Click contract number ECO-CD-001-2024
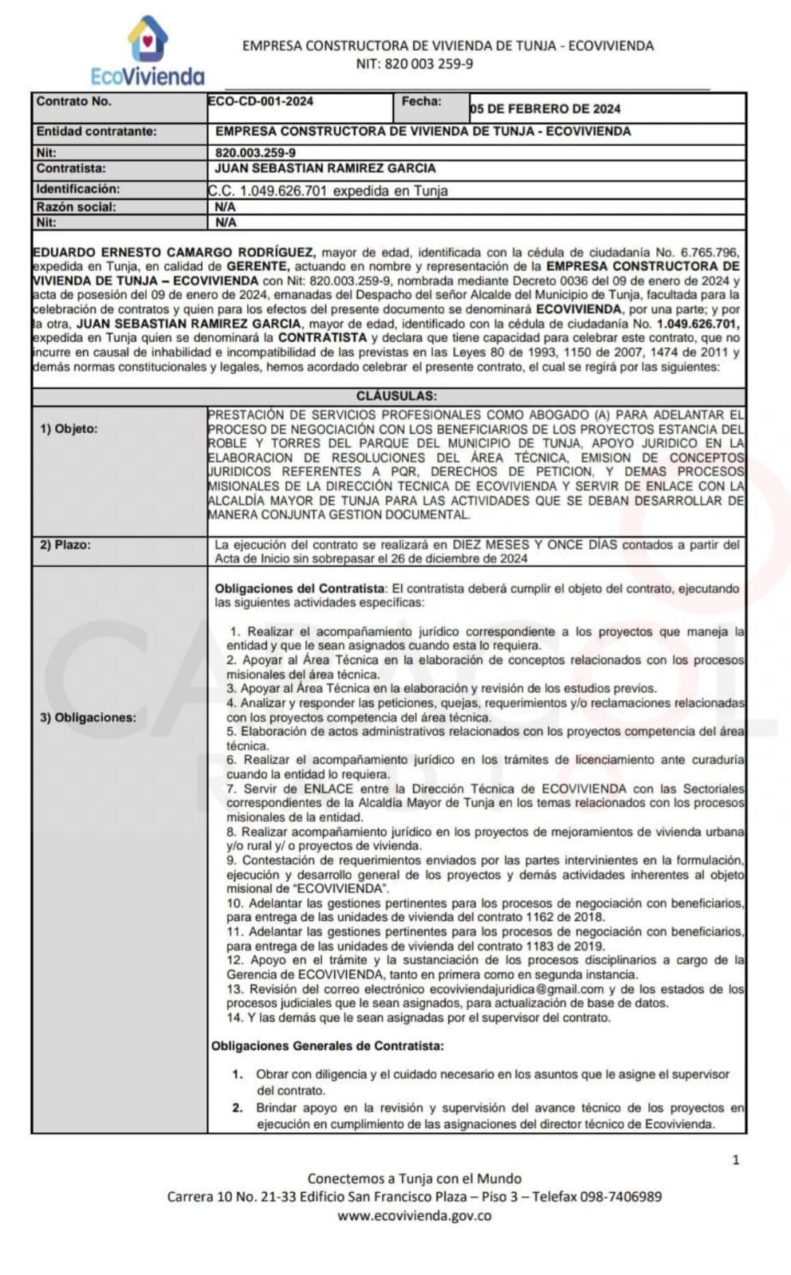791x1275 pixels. pos(261,101)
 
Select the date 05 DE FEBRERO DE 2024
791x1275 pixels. pos(545,108)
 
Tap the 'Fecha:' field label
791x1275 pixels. pos(421,101)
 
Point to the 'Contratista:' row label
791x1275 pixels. pos(71,168)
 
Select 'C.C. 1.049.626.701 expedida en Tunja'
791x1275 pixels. pos(328,191)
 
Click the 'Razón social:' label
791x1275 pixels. pos(76,207)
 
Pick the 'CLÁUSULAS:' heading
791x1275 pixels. pos(395,395)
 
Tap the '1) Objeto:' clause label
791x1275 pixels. pos(69,429)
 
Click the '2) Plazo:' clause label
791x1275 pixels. pos(65,545)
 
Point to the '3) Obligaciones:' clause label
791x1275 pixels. pos(88,718)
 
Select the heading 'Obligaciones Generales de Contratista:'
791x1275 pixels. pos(328,1045)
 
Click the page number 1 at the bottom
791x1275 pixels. pos(735,1159)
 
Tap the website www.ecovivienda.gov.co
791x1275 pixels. pos(414,1216)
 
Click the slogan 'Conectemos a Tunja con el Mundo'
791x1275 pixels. pos(414,1179)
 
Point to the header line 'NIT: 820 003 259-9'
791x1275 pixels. pos(414,64)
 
